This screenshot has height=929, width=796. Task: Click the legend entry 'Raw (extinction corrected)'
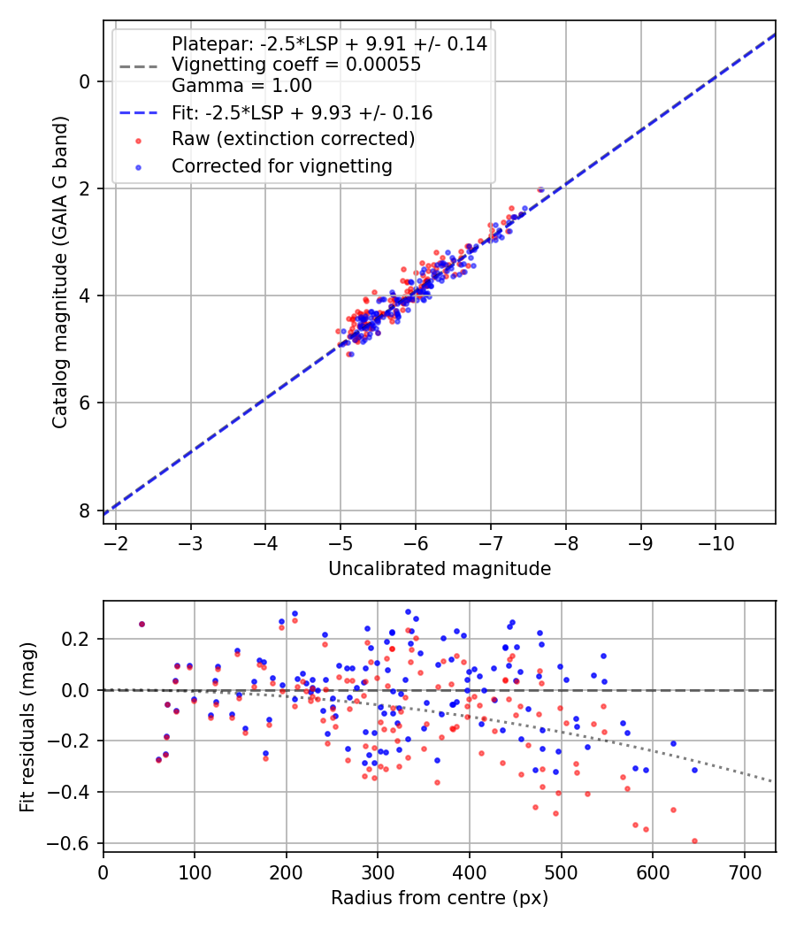tap(293, 139)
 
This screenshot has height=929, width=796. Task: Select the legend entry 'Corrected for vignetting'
tap(281, 165)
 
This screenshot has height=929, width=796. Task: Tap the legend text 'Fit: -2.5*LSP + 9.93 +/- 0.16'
tap(302, 113)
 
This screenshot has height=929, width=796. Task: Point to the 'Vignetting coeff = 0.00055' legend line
tap(295, 65)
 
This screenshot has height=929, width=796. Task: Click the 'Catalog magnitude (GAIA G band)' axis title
tap(59, 272)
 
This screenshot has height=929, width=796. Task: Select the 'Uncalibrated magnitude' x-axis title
tap(440, 569)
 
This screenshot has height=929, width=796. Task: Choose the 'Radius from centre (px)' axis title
tap(440, 898)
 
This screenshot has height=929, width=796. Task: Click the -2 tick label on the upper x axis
tap(115, 541)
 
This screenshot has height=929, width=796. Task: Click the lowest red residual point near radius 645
tap(694, 841)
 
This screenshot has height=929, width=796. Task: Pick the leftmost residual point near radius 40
tap(142, 624)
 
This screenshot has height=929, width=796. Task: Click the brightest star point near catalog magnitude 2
tap(540, 189)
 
